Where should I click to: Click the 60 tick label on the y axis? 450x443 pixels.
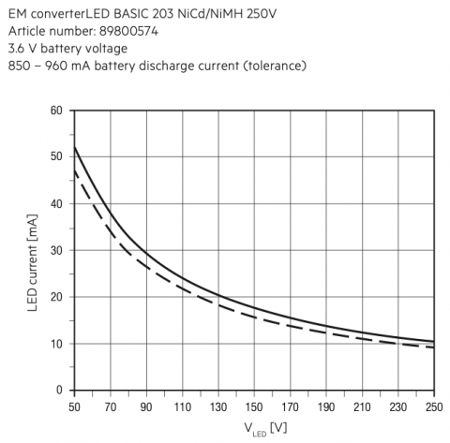(x=56, y=111)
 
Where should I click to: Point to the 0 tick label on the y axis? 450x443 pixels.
(x=59, y=390)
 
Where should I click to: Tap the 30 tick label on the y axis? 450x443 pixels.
(x=56, y=250)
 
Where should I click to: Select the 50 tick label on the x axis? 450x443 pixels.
(x=74, y=407)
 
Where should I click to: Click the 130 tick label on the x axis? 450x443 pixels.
(x=218, y=407)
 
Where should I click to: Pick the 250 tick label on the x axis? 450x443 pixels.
(x=434, y=407)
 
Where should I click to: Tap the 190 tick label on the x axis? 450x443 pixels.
(x=326, y=407)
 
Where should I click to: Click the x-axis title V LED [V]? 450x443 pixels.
(x=265, y=429)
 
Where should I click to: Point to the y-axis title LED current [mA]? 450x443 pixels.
(x=33, y=262)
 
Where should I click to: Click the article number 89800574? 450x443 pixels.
(x=128, y=31)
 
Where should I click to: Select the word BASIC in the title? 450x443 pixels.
(x=131, y=14)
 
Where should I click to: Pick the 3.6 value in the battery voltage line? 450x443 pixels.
(x=16, y=49)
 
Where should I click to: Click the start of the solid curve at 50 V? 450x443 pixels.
(x=74, y=147)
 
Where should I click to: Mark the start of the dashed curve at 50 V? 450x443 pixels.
(x=74, y=170)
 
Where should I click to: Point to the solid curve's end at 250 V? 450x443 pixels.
(x=434, y=341)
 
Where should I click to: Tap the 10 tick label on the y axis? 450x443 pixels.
(x=56, y=344)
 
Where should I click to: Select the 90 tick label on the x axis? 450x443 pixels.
(x=146, y=407)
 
